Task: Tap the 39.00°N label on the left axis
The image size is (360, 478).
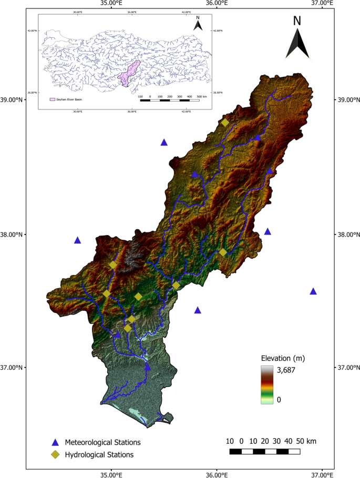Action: pyautogui.click(x=12, y=100)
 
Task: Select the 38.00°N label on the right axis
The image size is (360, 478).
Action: pyautogui.click(x=347, y=235)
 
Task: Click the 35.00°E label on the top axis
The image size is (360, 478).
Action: pyautogui.click(x=111, y=3)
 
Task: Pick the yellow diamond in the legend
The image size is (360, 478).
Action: pyautogui.click(x=55, y=454)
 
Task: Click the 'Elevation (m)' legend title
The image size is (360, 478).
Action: pyautogui.click(x=283, y=358)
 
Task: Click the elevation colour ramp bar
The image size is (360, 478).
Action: pyautogui.click(x=268, y=384)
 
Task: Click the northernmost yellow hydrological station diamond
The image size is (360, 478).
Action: pyautogui.click(x=225, y=123)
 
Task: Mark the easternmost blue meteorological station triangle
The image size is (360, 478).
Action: pyautogui.click(x=313, y=291)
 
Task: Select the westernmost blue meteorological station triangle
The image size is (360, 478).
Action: pyautogui.click(x=78, y=240)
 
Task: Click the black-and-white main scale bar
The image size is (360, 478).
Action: pyautogui.click(x=265, y=451)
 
